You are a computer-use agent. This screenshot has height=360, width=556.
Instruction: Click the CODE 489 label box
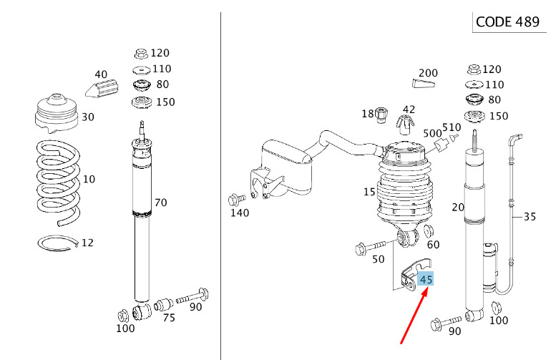509,22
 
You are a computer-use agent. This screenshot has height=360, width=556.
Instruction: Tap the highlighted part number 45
426,280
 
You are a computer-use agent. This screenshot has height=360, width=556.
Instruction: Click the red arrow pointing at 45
415,316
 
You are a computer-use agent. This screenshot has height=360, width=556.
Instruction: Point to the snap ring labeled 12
59,243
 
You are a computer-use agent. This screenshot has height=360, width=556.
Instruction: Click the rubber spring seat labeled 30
57,114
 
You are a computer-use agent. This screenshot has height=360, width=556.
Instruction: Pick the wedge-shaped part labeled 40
102,88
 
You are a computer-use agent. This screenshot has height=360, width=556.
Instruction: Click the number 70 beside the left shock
160,203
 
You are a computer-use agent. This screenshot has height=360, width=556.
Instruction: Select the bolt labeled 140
237,200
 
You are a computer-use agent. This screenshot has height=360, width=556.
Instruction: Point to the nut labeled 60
429,231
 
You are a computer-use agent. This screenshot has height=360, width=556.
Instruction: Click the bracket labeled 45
415,275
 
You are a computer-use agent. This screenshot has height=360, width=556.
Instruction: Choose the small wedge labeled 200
424,83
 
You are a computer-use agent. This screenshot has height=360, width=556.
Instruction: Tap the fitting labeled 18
381,115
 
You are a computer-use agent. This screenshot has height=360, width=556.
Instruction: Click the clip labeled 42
405,125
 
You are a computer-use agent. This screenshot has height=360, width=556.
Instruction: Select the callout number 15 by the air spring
369,192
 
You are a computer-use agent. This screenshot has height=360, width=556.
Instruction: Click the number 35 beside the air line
530,216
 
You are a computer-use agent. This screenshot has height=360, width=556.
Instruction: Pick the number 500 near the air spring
432,133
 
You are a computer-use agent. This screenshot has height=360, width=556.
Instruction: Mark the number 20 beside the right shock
458,207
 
